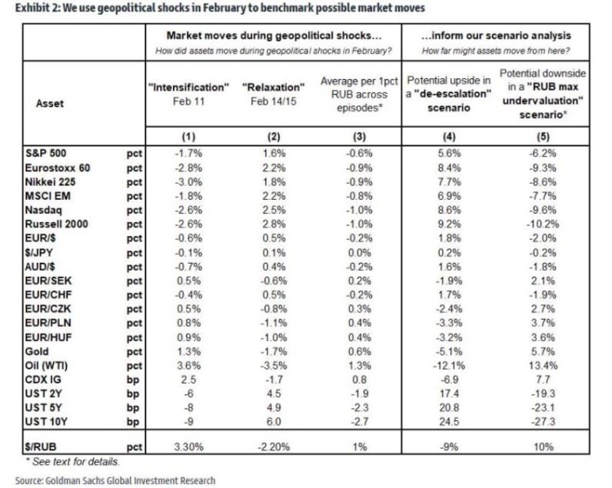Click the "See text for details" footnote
(x=68, y=460)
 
